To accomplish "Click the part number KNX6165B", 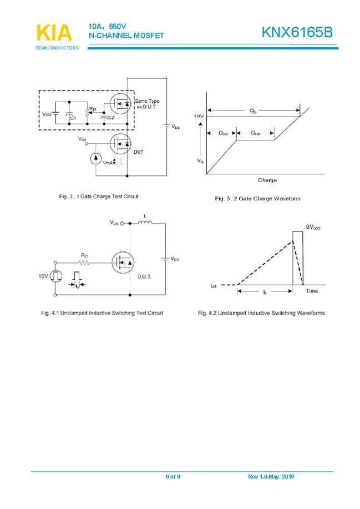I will pos(297,33).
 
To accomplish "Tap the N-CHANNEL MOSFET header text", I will pos(126,36).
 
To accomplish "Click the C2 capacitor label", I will pos(111,118).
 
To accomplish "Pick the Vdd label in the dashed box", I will pos(48,114).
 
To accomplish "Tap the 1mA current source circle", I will pos(95,159).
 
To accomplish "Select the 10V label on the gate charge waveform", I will pos(198,115).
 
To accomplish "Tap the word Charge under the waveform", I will pos(267,180).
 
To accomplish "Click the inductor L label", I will pos(145,216).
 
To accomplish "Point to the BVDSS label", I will pos(313,227).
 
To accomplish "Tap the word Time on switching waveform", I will pos(312,291).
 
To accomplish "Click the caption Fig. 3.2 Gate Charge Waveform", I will pos(258,199).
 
